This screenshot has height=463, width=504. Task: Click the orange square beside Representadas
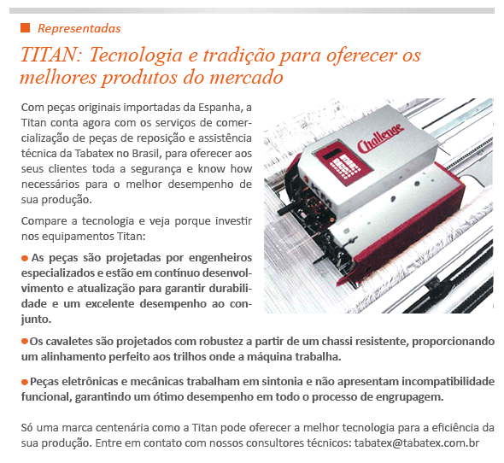tap(25, 28)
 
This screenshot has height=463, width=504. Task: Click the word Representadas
tap(79, 28)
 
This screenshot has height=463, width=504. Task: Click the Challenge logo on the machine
tap(381, 138)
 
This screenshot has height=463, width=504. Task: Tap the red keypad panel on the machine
tap(343, 163)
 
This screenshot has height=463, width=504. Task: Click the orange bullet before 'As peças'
tap(25, 258)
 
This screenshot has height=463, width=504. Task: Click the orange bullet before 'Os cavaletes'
tap(25, 342)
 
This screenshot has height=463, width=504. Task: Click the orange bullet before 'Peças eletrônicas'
tap(25, 382)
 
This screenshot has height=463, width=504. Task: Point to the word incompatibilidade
tap(448, 382)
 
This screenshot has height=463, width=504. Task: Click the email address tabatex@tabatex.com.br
tap(417, 443)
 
